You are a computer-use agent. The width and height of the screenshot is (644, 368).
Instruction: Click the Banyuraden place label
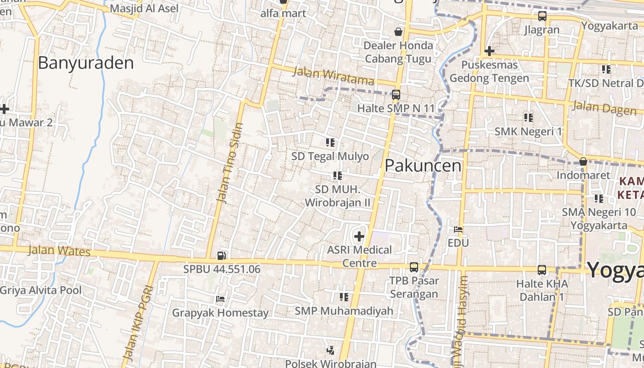point(86,63)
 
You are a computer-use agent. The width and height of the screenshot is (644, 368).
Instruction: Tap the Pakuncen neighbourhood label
point(423,166)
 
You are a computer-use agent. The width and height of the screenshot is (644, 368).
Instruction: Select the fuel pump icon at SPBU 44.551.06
point(221,255)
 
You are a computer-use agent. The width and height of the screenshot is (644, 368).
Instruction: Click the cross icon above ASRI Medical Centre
point(359,237)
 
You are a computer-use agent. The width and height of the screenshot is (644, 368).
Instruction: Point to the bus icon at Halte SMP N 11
point(396,95)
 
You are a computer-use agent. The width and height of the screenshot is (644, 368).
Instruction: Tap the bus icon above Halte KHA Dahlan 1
point(542,270)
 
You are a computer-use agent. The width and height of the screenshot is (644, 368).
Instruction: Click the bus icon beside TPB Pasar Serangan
point(414,267)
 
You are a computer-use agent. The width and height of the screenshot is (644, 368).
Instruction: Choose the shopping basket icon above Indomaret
point(583,162)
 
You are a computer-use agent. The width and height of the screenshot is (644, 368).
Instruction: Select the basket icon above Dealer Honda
point(398,32)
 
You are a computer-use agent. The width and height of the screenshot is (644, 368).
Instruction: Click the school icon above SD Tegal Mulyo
point(330,143)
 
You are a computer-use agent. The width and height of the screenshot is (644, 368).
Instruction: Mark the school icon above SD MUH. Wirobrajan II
point(338,176)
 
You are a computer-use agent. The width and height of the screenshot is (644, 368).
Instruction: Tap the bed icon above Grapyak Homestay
point(220,299)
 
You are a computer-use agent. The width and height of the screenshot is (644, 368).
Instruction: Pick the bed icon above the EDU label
point(458,229)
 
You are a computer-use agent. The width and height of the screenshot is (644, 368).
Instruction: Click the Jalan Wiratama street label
point(333,76)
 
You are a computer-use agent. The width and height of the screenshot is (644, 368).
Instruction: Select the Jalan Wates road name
point(59,251)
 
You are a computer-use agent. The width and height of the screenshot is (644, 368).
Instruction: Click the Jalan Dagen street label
point(604,108)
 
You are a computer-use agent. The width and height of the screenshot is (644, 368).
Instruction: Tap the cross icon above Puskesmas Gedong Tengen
point(489,51)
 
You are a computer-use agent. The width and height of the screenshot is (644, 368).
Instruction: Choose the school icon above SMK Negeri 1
point(528,118)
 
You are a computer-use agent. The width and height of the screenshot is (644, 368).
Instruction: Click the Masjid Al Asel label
point(144,8)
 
